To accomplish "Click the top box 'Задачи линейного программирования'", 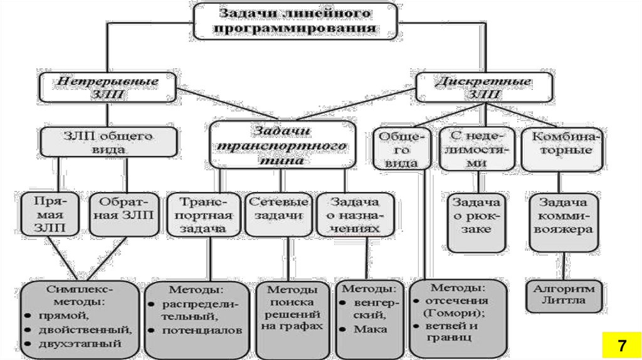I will [x=294, y=21].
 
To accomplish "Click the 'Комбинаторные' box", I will [x=562, y=149].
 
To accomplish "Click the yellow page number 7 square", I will [x=621, y=346].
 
